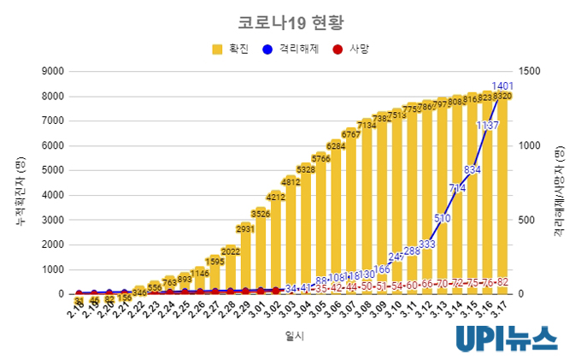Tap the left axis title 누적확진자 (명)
coord(21,183)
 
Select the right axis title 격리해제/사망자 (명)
coord(560,183)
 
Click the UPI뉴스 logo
coord(506,337)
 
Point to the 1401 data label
coord(502,86)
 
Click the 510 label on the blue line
coord(442,218)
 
